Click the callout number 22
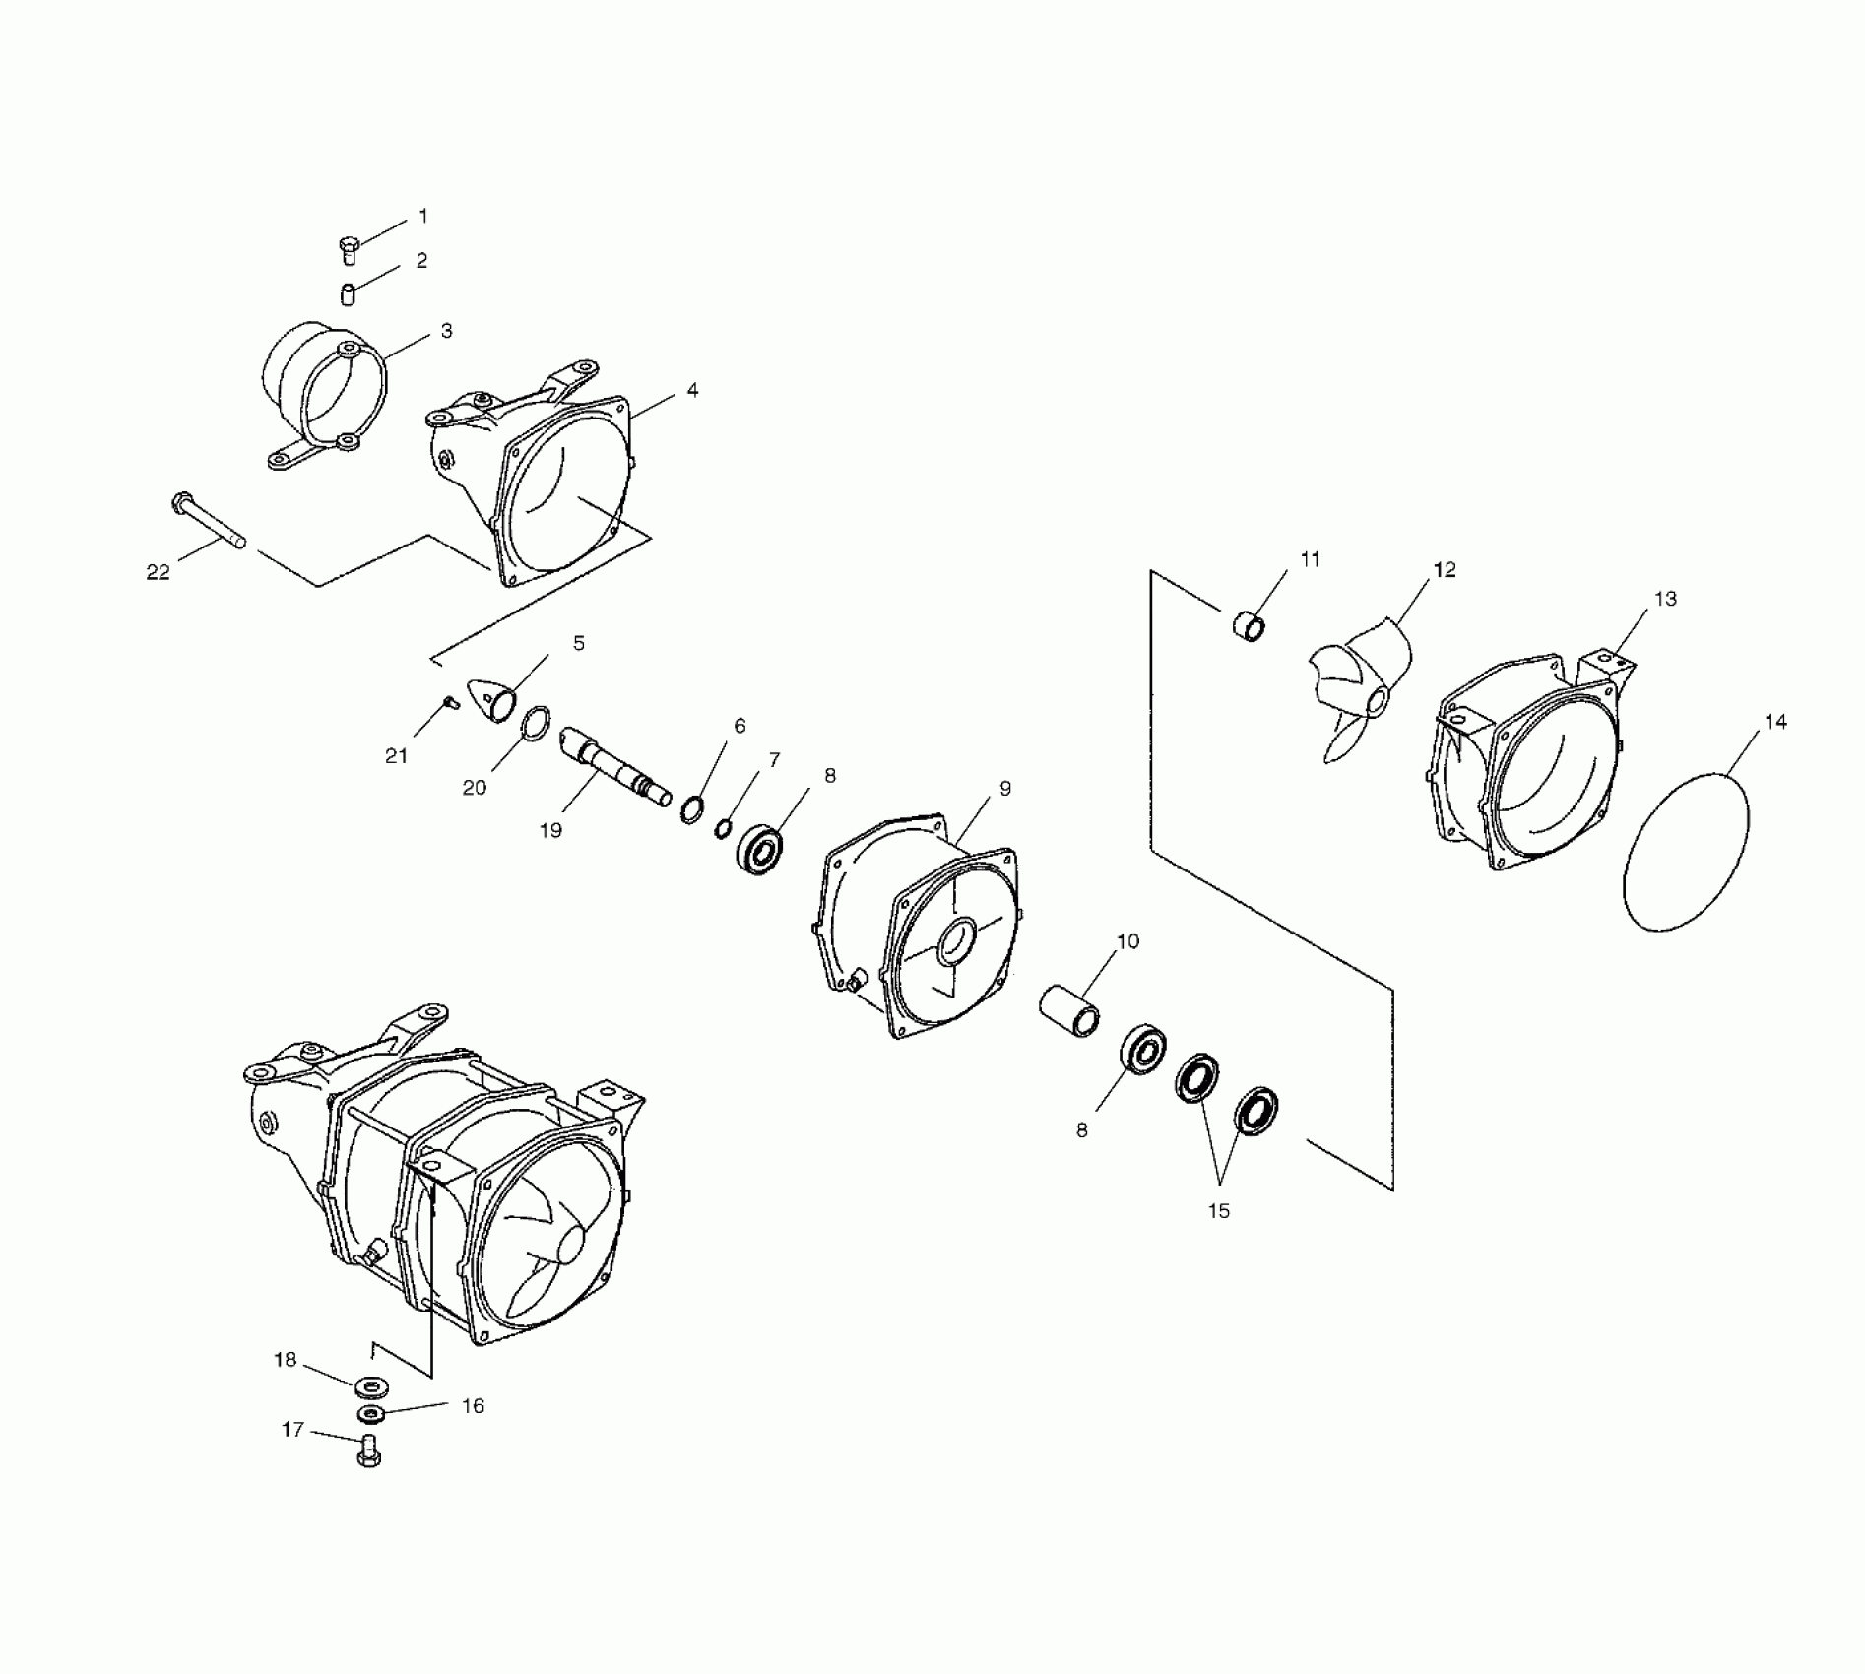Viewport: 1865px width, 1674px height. coord(158,572)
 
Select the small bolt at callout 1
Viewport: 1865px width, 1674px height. coord(348,250)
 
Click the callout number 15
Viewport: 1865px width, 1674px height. coord(1219,1211)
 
